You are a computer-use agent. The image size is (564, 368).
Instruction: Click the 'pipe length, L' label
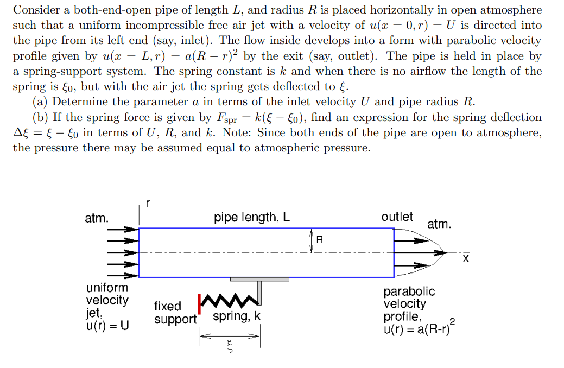(252, 218)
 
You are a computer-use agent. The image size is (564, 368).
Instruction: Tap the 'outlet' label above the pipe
(397, 217)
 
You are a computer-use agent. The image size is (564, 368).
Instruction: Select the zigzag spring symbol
(227, 300)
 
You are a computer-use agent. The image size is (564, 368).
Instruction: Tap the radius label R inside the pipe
(319, 239)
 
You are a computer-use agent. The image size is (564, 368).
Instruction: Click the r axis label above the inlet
(147, 204)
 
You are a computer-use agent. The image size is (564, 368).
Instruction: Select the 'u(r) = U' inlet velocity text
(107, 326)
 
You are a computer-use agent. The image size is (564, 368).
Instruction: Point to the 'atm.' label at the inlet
(97, 219)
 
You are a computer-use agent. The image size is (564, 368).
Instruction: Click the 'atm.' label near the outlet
(439, 224)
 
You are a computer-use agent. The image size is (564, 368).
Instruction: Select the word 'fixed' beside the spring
(167, 306)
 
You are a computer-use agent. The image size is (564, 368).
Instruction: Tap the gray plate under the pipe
(259, 279)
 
